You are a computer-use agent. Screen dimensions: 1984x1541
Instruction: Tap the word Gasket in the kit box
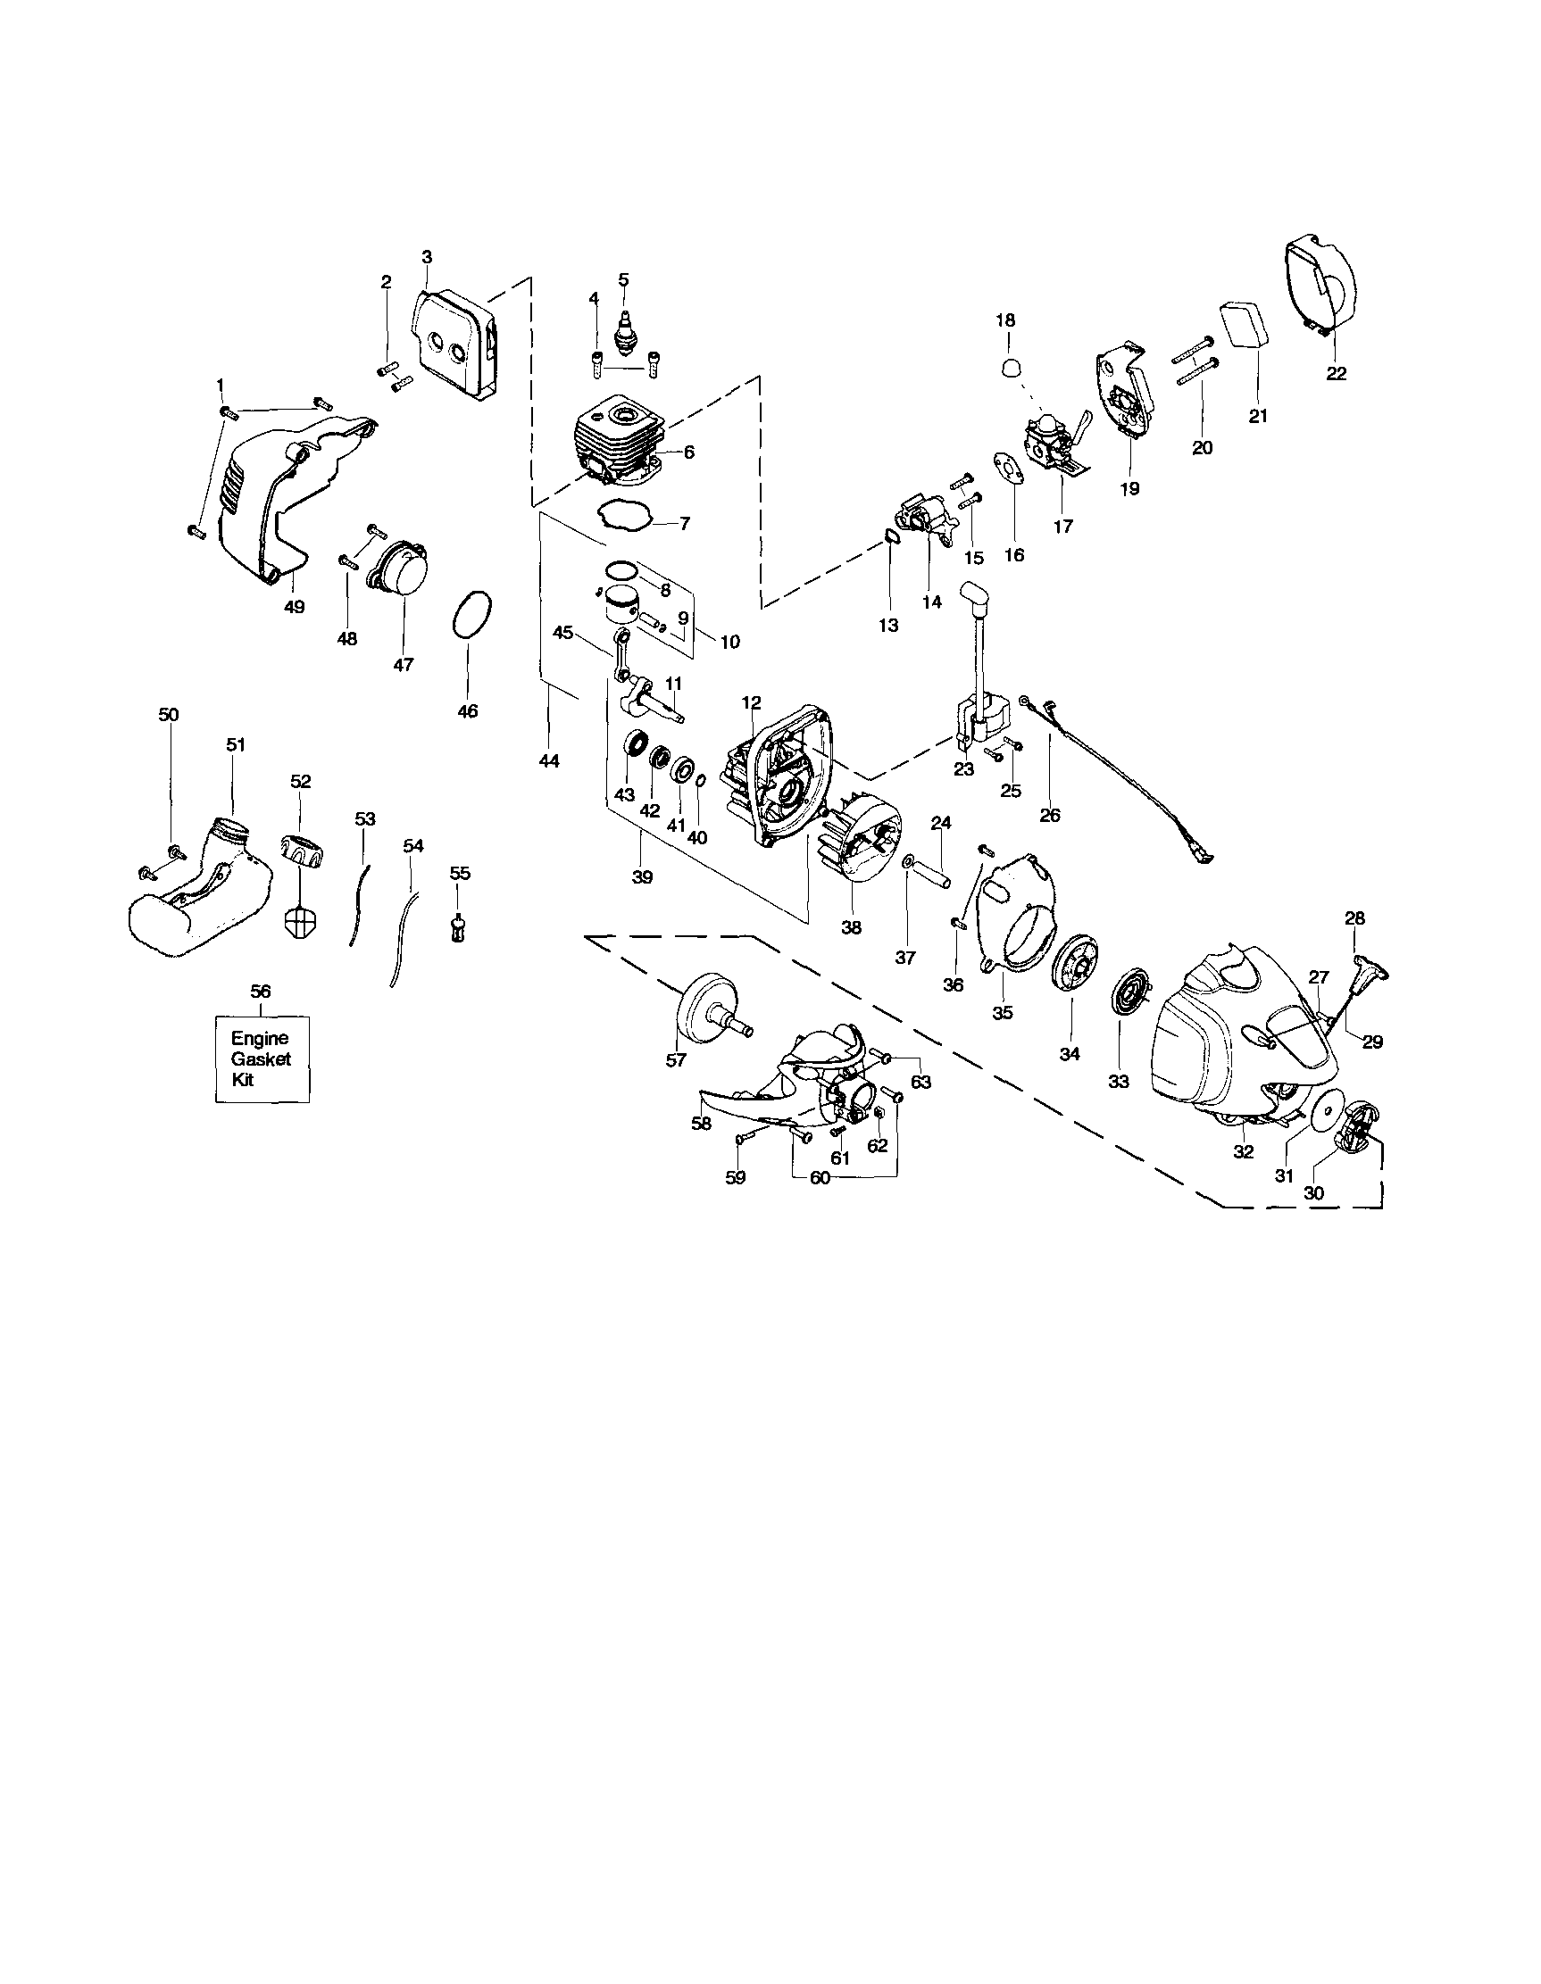[x=261, y=1058]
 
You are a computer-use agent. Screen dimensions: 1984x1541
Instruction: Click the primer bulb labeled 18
[x=1007, y=366]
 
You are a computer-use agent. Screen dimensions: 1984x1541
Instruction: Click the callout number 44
[x=549, y=761]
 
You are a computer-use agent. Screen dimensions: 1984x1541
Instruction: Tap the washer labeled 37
[x=910, y=859]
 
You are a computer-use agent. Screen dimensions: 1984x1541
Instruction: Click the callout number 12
[x=752, y=702]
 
